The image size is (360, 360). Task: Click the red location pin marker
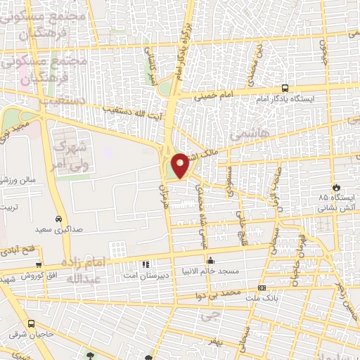180,165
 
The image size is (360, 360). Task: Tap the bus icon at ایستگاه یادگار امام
285,89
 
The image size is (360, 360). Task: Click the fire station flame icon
337,188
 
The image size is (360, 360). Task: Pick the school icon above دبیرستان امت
146,264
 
